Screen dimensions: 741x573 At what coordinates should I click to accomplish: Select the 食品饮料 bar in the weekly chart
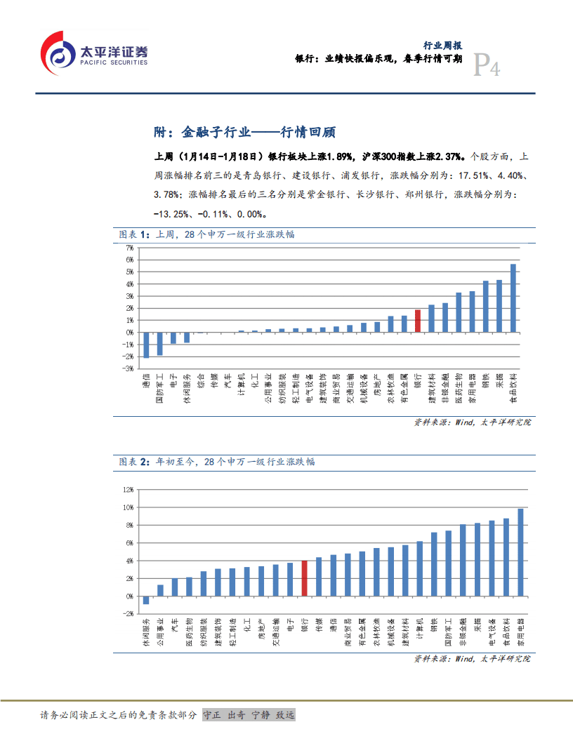(513, 298)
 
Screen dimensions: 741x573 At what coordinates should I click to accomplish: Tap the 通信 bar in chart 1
(145, 345)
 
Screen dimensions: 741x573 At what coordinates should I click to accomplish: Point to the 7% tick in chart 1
(129, 248)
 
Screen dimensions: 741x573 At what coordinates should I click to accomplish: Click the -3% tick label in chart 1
(129, 368)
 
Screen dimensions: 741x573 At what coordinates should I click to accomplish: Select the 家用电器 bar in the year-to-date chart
(520, 552)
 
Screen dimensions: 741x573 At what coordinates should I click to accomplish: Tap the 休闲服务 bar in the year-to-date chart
(146, 600)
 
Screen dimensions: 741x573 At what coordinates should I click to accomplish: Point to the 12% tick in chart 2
(128, 489)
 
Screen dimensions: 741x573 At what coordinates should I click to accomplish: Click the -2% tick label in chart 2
(128, 613)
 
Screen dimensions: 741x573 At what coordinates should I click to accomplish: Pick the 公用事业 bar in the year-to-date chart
(160, 590)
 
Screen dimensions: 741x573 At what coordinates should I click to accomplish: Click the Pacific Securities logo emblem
(58, 53)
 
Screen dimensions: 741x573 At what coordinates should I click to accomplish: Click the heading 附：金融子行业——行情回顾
(244, 131)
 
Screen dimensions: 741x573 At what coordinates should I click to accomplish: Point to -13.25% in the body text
(173, 214)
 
